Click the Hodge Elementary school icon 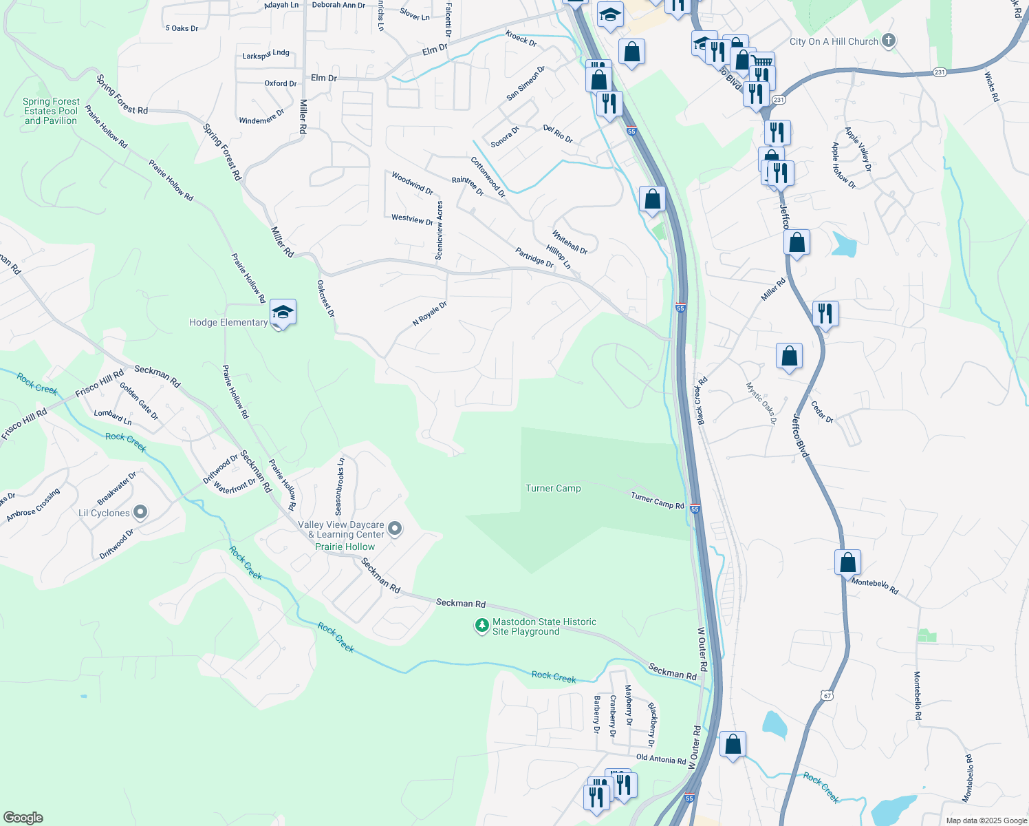point(283,313)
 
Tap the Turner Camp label point(553,488)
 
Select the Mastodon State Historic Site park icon point(481,626)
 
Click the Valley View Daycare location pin point(395,529)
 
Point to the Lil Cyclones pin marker point(140,512)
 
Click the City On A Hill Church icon point(889,41)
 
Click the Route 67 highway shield point(827,695)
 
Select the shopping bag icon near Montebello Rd point(848,562)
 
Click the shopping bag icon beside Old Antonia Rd point(733,744)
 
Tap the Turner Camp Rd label point(658,501)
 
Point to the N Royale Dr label point(430,313)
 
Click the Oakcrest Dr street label point(326,298)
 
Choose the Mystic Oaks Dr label point(761,403)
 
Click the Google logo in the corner point(23,818)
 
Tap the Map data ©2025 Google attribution point(986,820)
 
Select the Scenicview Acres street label point(440,231)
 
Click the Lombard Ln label point(113,417)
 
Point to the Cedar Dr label point(822,412)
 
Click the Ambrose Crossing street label point(33,505)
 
